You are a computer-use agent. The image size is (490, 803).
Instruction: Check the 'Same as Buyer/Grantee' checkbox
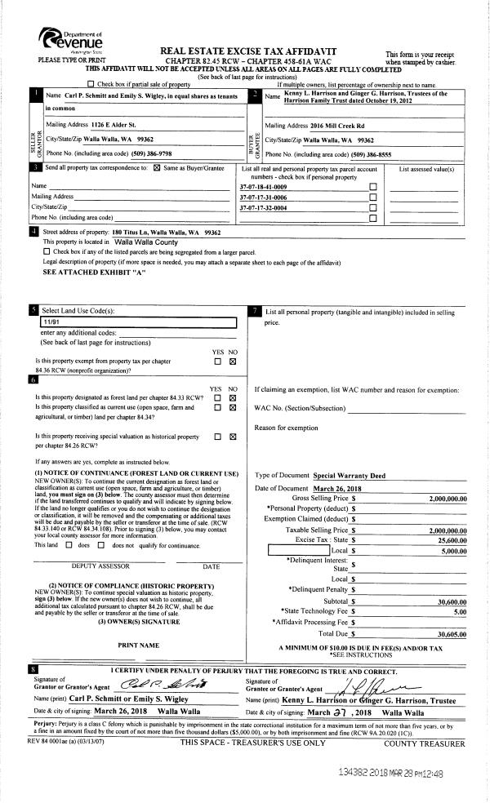[157, 167]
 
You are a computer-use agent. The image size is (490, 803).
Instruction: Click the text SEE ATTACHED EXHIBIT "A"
[81, 271]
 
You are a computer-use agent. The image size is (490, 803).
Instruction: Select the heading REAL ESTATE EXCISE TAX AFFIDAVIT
[249, 51]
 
